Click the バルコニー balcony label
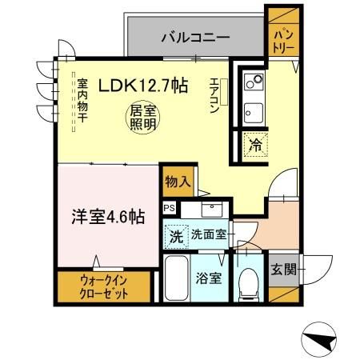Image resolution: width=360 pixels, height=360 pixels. pos(195,38)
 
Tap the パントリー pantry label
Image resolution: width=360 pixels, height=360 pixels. pos(284,42)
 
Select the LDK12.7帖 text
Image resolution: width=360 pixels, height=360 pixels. pos(143,86)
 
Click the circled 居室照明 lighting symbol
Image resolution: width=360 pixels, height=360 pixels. pos(143,118)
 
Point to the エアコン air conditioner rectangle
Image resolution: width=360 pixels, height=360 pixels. pos(224,92)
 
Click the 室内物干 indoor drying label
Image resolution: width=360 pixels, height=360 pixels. pos(82,100)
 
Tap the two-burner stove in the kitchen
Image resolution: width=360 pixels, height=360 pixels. pos(254,81)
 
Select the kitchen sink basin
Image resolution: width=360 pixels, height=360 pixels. pos(254,113)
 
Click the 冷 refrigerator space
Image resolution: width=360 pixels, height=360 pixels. pos(255,146)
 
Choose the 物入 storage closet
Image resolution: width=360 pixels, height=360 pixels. pos(178,182)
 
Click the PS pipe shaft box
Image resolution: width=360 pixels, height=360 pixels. pos(169,207)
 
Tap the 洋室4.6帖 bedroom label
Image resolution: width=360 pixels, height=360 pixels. pos(108,217)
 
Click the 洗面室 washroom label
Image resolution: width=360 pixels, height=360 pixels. pos(209,234)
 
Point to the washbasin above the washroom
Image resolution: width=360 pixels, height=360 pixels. pos(212,210)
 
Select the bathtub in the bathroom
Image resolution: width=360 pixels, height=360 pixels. pos(176,278)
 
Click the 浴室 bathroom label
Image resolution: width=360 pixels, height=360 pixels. pos(209,278)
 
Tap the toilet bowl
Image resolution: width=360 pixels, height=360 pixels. pos(249,284)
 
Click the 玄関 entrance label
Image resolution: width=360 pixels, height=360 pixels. pos(284,270)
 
